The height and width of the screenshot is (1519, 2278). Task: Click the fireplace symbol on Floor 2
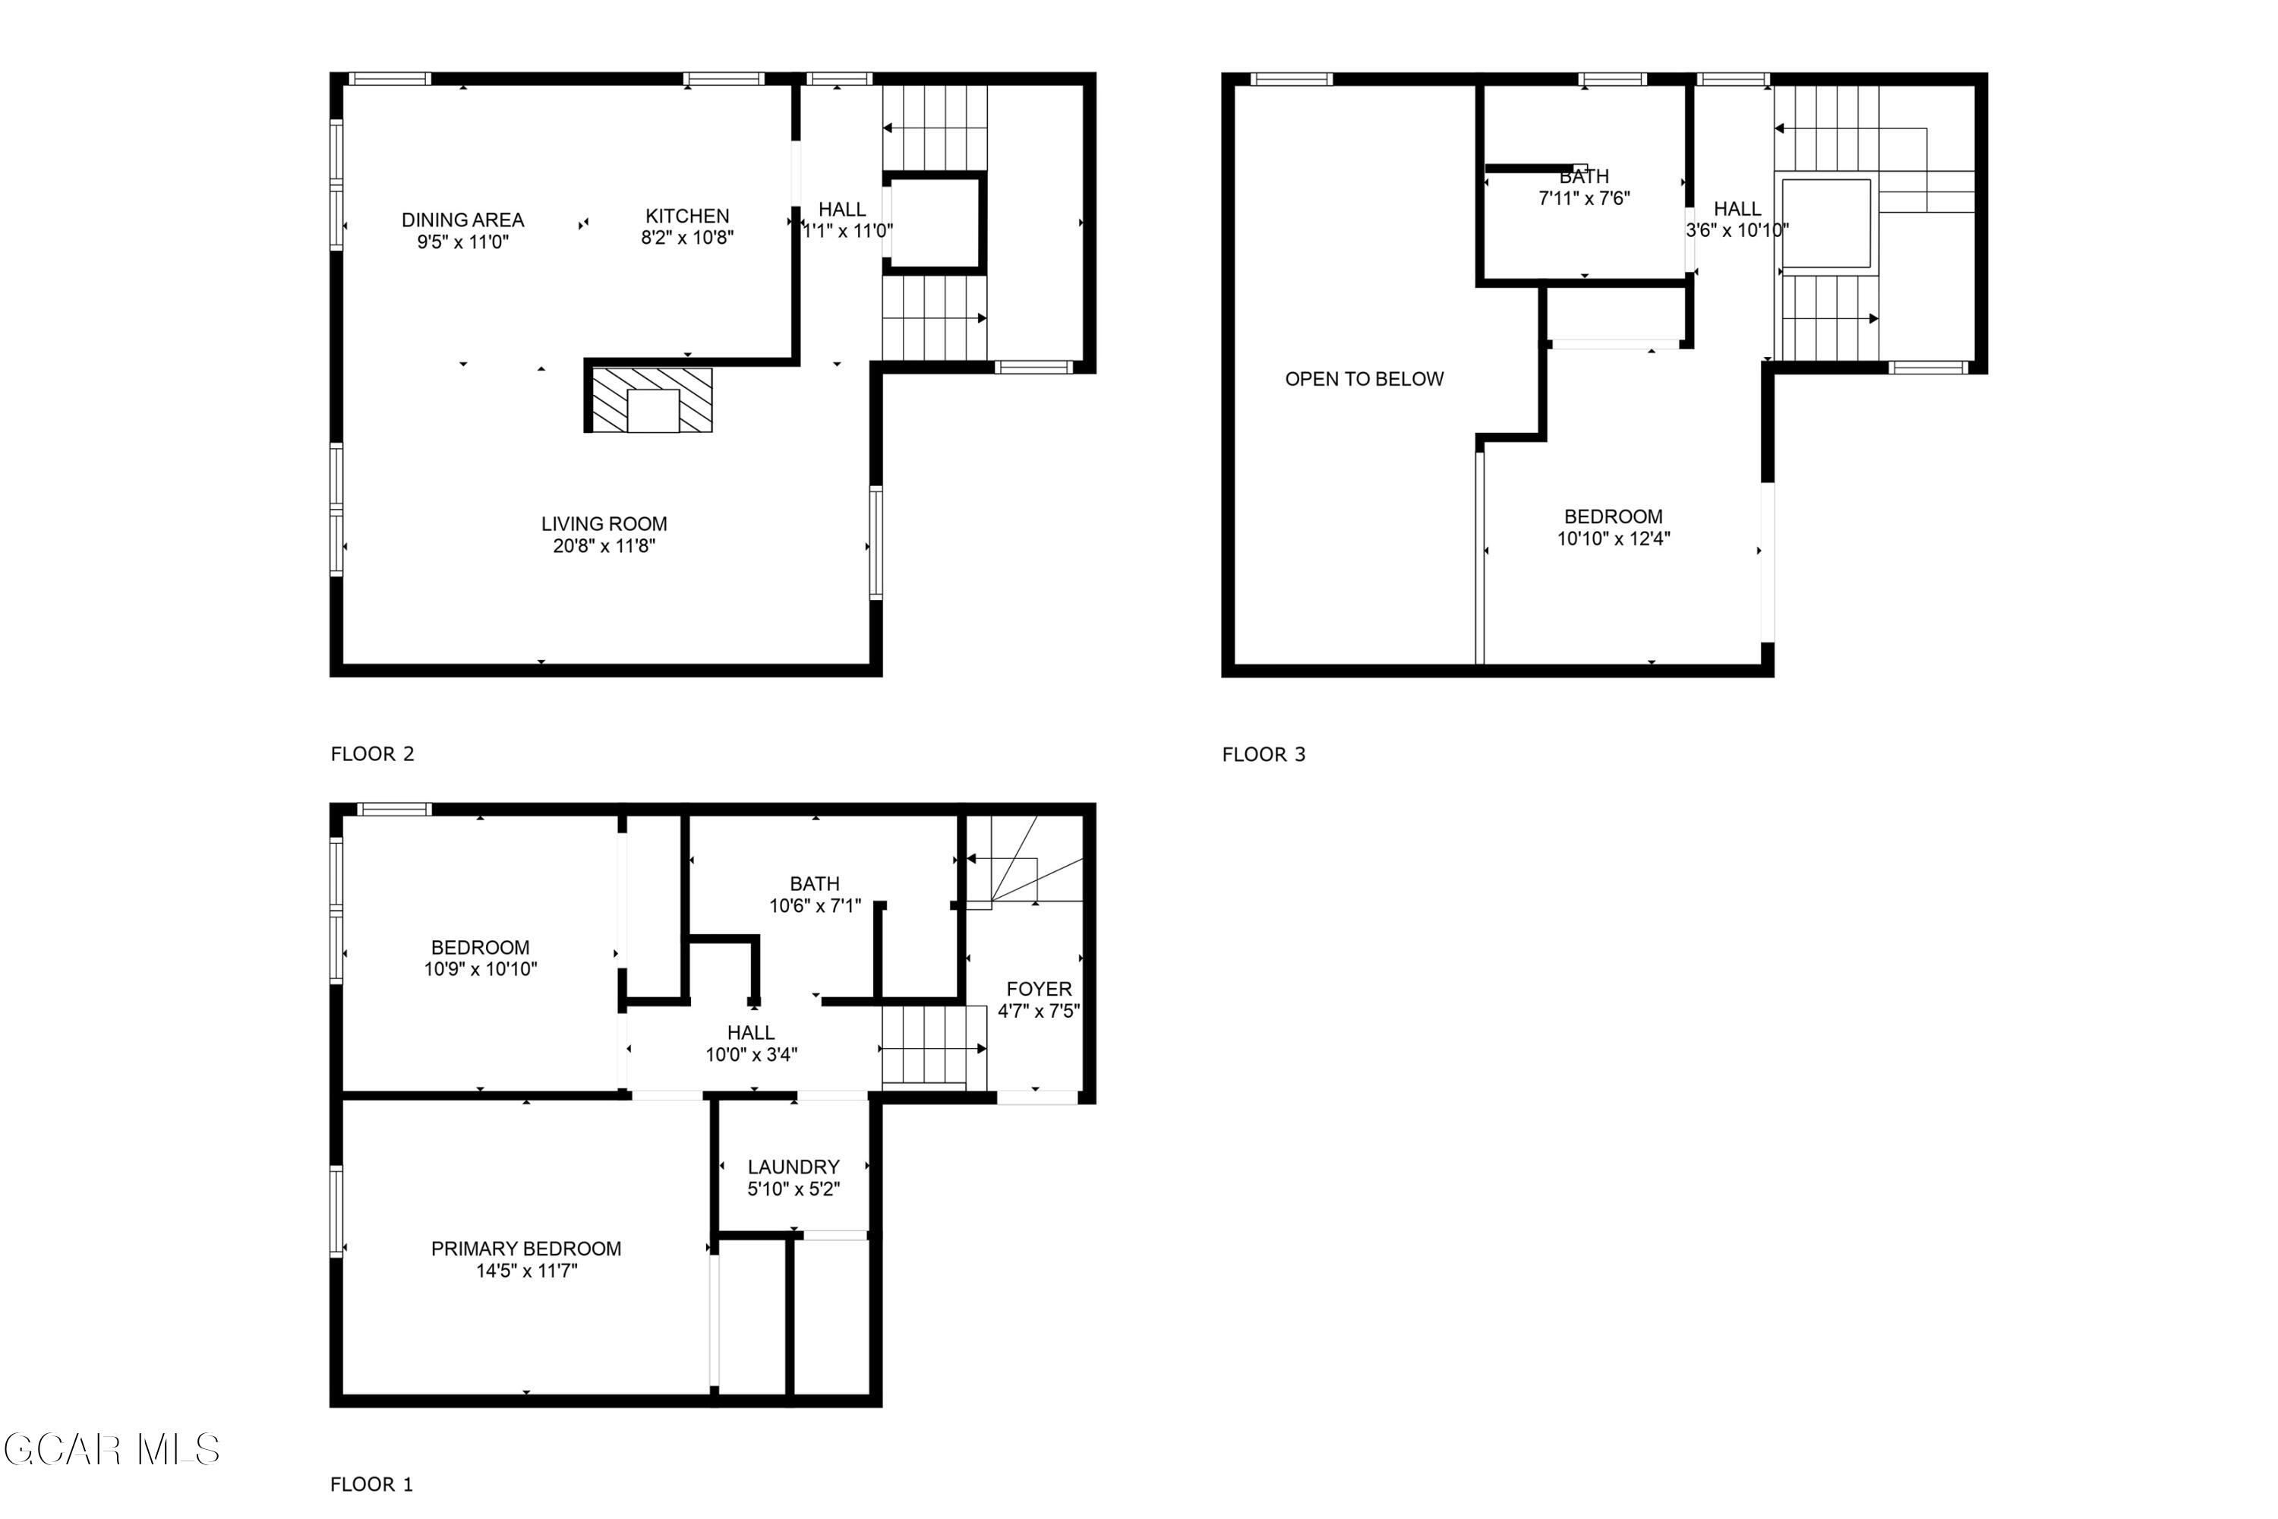[x=652, y=400]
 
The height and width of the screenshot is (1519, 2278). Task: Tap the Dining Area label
[x=463, y=220]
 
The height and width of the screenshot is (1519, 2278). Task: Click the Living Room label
[x=604, y=524]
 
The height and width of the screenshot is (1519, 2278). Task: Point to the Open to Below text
[x=1364, y=379]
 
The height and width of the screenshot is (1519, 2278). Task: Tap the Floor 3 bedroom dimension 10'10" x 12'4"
[x=1613, y=538]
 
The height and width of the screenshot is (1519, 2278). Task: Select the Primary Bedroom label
[x=526, y=1249]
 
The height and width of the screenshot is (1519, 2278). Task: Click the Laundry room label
[x=794, y=1167]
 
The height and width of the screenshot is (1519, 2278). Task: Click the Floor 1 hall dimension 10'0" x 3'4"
[x=751, y=1055]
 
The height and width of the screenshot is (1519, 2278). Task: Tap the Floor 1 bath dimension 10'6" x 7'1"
[x=815, y=906]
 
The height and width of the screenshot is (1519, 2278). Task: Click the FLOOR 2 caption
[x=372, y=753]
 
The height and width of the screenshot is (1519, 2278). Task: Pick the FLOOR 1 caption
[x=371, y=1484]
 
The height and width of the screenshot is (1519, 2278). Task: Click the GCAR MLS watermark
[x=112, y=1450]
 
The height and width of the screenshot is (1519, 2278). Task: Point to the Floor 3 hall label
[x=1737, y=210]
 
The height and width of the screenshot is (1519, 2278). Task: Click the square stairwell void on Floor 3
[x=1827, y=223]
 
